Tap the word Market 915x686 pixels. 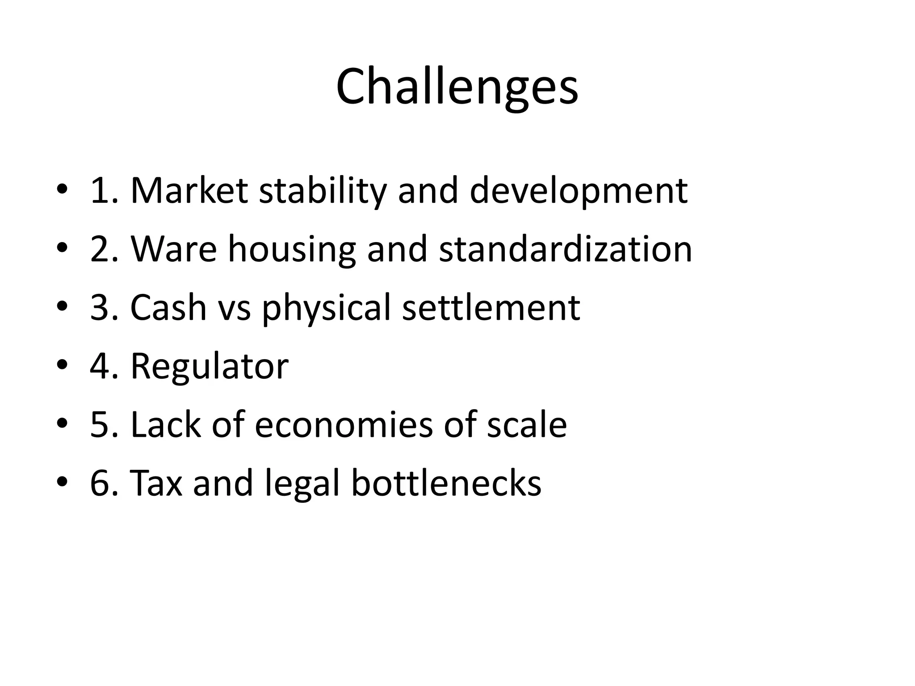tap(189, 191)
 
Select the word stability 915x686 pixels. tap(323, 191)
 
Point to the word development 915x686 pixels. tap(579, 191)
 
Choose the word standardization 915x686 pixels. tap(566, 249)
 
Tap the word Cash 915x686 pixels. tap(168, 308)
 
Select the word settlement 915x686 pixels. tap(491, 308)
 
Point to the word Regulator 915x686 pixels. tap(209, 366)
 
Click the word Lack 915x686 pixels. tap(165, 425)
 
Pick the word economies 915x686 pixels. tap(344, 425)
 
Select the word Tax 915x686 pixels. tap(156, 483)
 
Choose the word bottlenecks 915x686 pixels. tap(446, 483)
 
